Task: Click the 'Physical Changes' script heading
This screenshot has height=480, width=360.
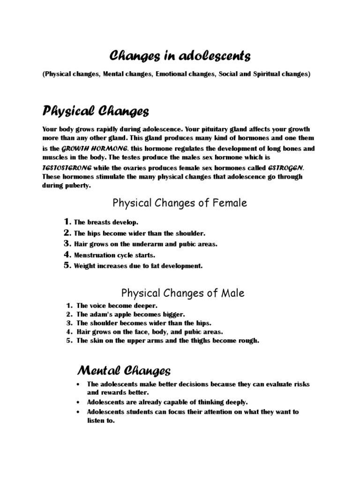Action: click(x=96, y=112)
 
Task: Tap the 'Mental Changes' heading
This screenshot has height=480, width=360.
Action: click(x=123, y=371)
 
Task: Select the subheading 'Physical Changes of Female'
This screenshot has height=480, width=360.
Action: click(x=179, y=203)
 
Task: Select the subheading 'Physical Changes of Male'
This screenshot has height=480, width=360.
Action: click(x=183, y=293)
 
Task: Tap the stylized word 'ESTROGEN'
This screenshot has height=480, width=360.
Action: click(x=285, y=168)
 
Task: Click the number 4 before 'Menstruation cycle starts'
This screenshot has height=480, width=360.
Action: click(x=67, y=255)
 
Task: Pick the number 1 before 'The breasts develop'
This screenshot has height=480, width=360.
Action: click(x=67, y=222)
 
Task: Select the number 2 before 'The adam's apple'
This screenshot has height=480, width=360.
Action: click(x=69, y=315)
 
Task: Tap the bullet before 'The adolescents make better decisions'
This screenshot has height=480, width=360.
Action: click(x=77, y=384)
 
